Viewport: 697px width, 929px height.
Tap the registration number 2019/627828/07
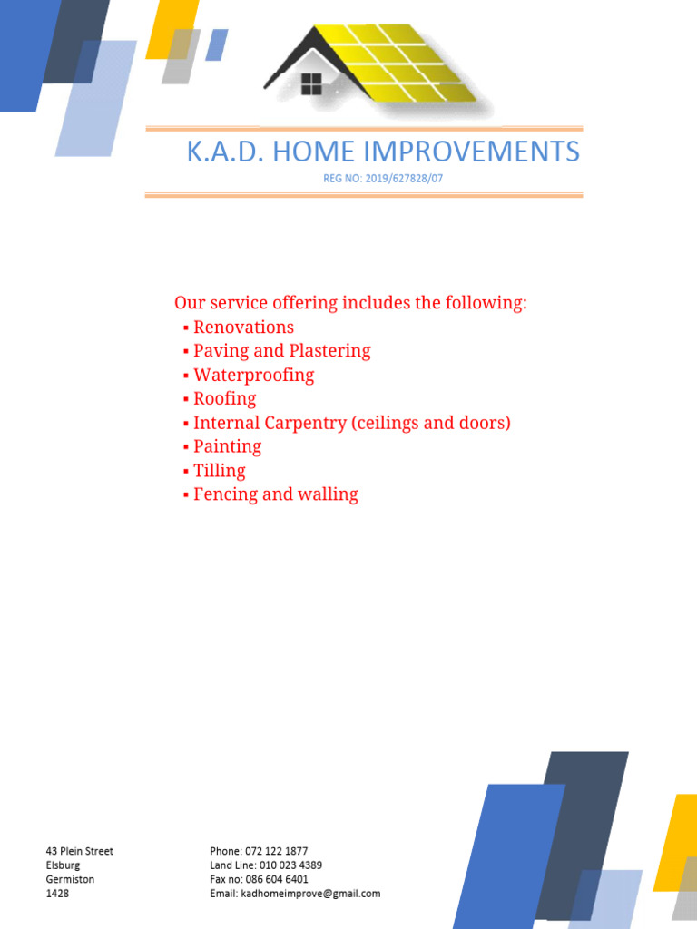point(405,179)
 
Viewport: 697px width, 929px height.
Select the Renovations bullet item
point(243,328)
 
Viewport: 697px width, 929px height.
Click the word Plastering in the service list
point(329,351)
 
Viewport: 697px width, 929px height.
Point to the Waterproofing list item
point(253,376)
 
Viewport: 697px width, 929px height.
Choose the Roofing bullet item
point(224,399)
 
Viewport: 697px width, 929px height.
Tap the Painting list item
point(227,447)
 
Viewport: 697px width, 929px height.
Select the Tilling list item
point(219,471)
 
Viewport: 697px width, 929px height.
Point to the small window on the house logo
point(311,84)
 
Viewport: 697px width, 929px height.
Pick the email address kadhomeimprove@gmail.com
point(310,894)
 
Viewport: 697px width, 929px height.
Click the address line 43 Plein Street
point(80,851)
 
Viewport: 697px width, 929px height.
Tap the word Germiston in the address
point(70,879)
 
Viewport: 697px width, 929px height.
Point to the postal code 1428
point(57,894)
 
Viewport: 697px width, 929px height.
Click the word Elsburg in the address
point(63,865)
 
